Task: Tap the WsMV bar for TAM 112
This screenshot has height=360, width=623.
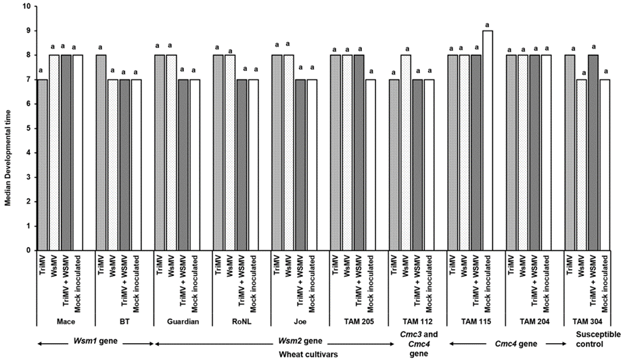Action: tap(406, 152)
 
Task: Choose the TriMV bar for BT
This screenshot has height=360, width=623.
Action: tap(101, 152)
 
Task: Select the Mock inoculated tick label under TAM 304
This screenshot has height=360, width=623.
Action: tap(605, 277)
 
